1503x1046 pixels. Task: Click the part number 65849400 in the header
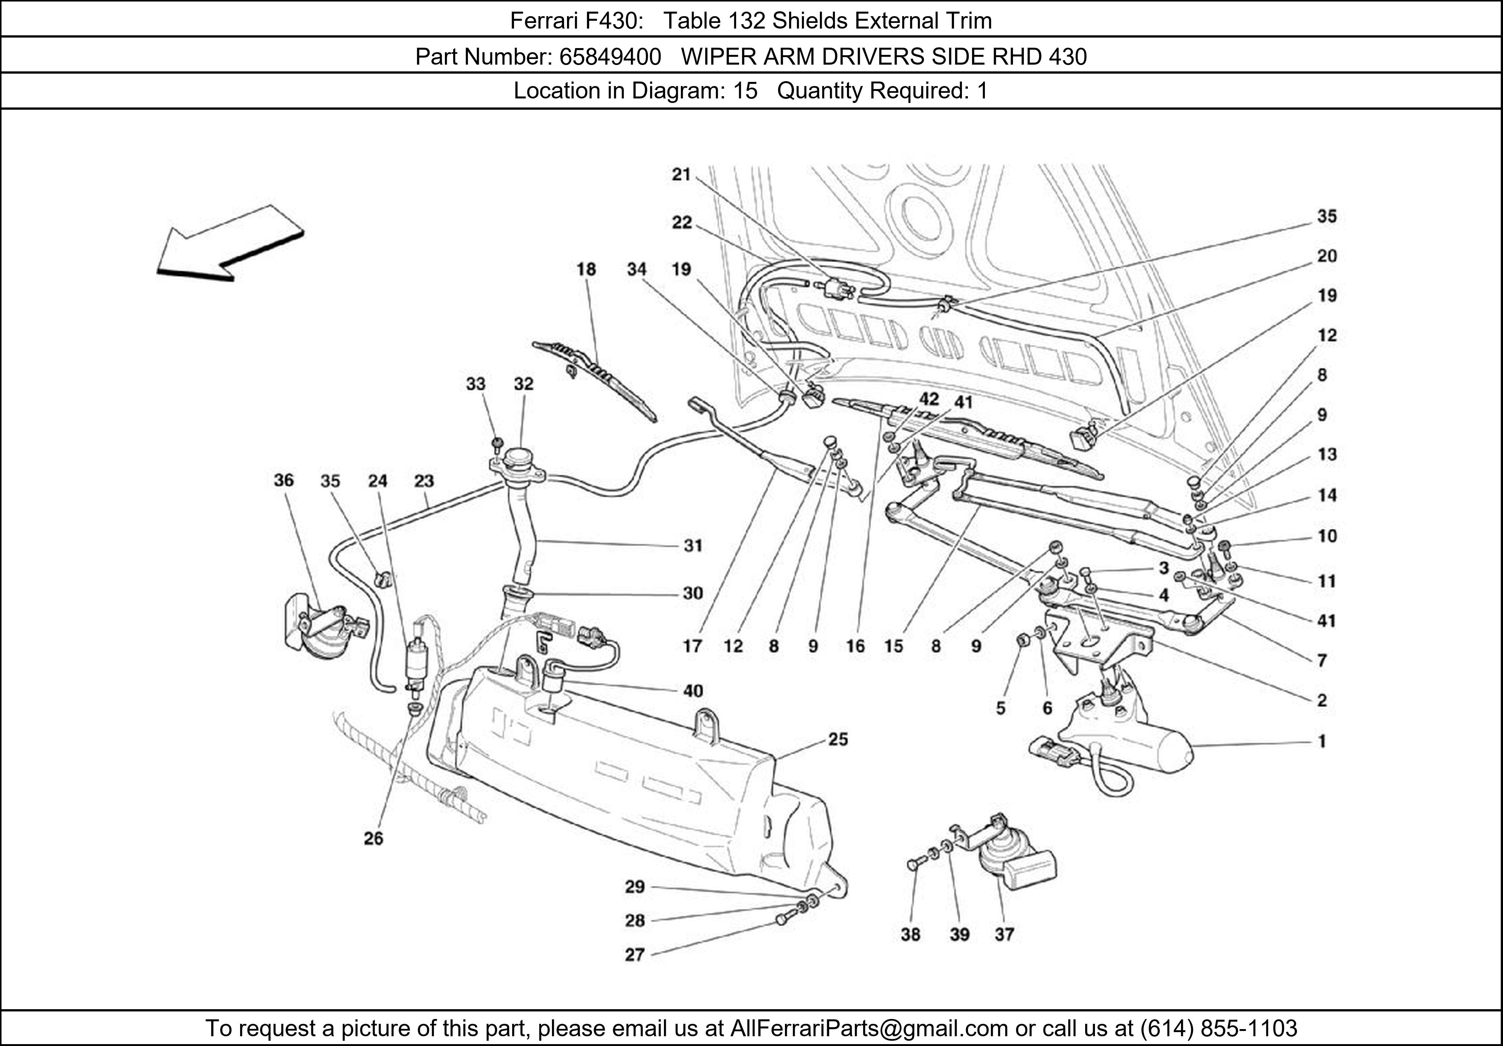click(x=610, y=57)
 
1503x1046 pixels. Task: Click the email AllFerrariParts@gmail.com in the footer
click(x=869, y=1028)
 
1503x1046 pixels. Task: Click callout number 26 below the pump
click(x=373, y=839)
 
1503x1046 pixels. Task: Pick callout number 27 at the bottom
click(x=634, y=955)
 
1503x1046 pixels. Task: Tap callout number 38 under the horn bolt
click(x=910, y=935)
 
